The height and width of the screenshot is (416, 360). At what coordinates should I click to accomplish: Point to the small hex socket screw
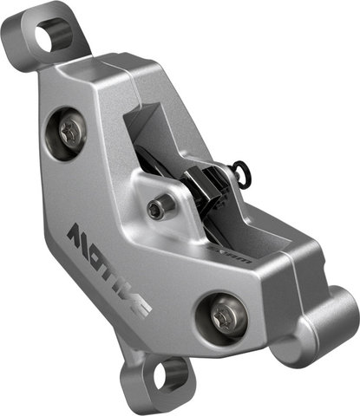(x=156, y=208)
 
